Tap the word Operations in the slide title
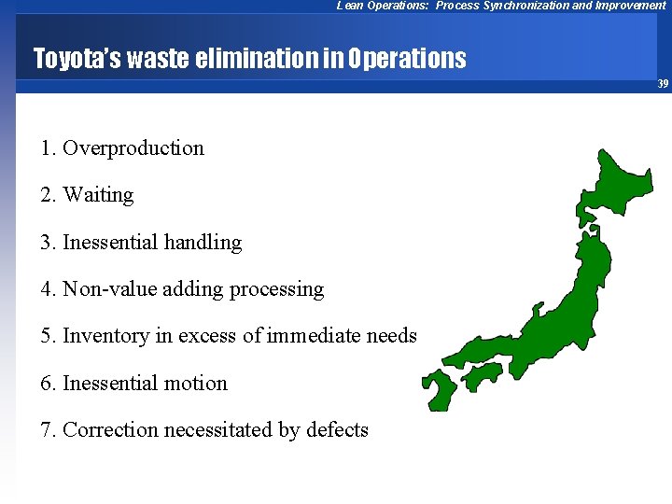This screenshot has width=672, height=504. coord(407,60)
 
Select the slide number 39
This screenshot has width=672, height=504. coord(663,84)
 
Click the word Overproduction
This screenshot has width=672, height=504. coord(133,148)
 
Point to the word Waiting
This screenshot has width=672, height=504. coord(98,195)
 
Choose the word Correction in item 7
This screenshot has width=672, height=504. coord(110,430)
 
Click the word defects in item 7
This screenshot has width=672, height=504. coord(336,430)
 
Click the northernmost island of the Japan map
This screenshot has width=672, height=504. coord(620,182)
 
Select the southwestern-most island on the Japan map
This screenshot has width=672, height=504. coord(438,387)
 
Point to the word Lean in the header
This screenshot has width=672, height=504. coord(349,6)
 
